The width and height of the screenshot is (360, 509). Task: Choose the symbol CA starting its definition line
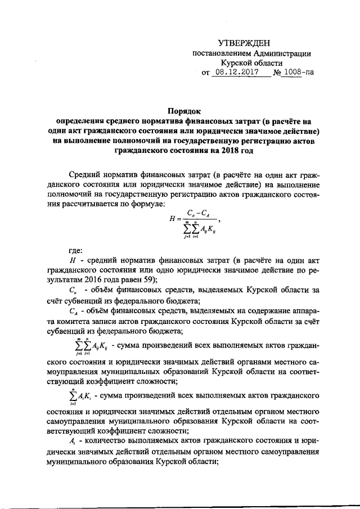(71, 312)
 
